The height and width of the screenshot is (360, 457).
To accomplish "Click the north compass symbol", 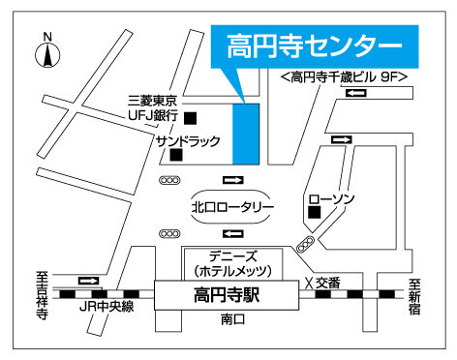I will [46, 52].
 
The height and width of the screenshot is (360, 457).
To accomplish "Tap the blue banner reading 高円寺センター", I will [314, 46].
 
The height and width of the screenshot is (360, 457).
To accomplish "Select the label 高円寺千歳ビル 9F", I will [342, 76].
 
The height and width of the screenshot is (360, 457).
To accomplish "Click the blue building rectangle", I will [246, 132].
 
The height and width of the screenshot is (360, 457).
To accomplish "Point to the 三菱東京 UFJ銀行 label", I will [153, 107].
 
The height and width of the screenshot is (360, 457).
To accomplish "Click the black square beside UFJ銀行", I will [191, 118].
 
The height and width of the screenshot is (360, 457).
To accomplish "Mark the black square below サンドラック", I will [176, 154].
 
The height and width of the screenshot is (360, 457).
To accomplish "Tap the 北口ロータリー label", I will [233, 206].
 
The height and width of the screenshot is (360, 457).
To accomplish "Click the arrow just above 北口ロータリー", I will [233, 181].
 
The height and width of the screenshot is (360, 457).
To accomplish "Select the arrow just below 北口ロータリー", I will [233, 233].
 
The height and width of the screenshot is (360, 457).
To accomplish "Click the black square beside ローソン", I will [314, 211].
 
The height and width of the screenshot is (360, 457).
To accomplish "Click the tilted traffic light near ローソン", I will [307, 242].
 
